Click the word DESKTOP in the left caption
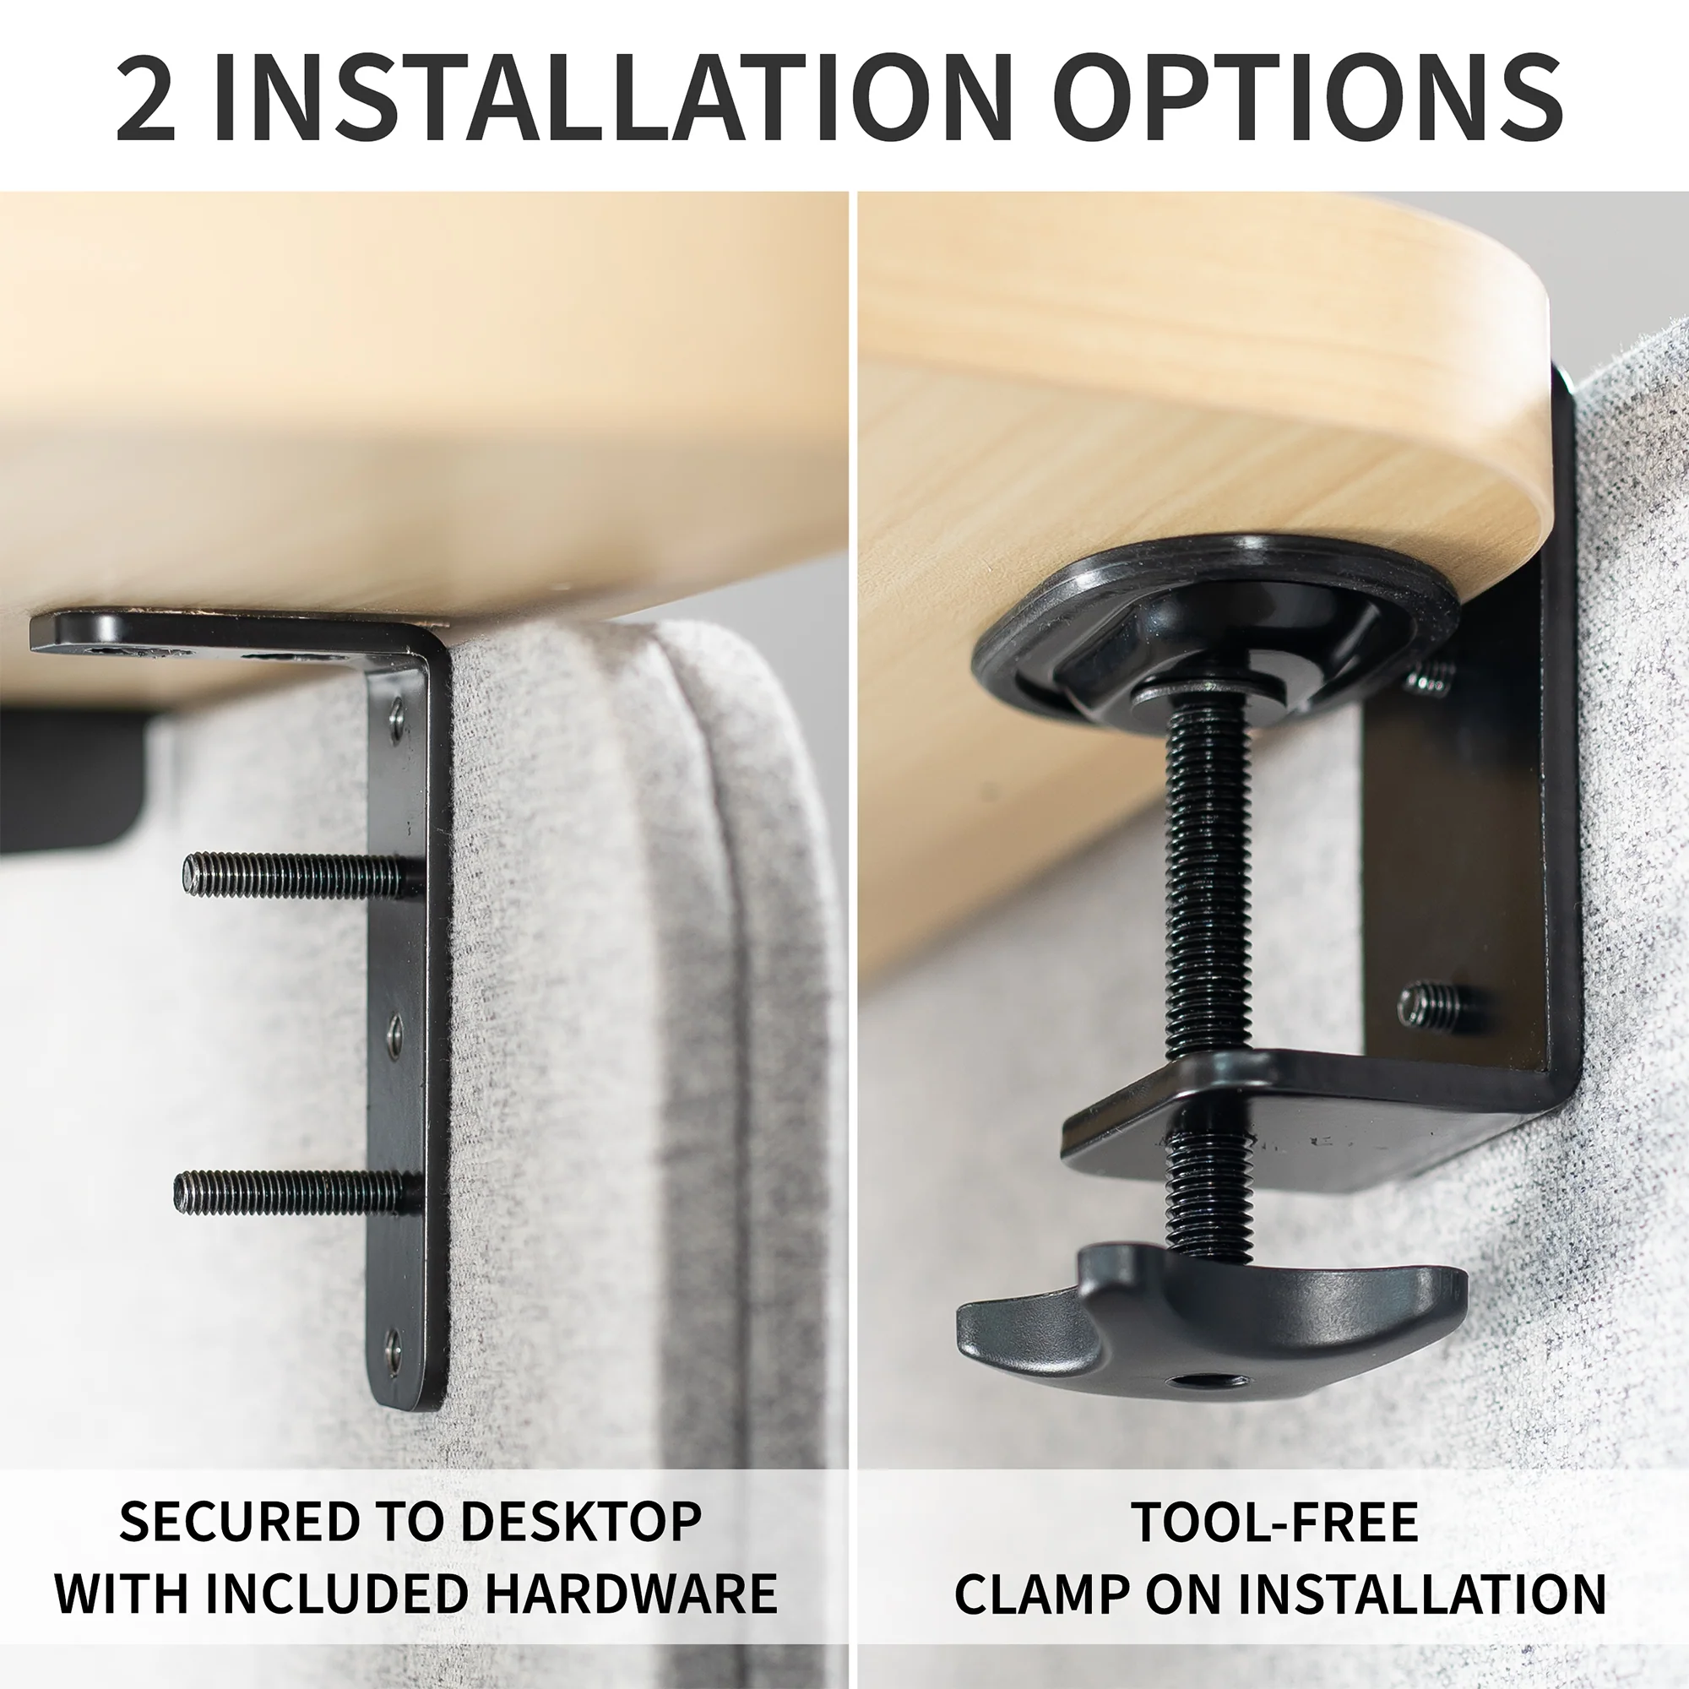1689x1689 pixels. click(x=580, y=1522)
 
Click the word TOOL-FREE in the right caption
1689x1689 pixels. click(x=1274, y=1522)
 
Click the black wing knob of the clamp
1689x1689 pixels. click(x=1215, y=1333)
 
